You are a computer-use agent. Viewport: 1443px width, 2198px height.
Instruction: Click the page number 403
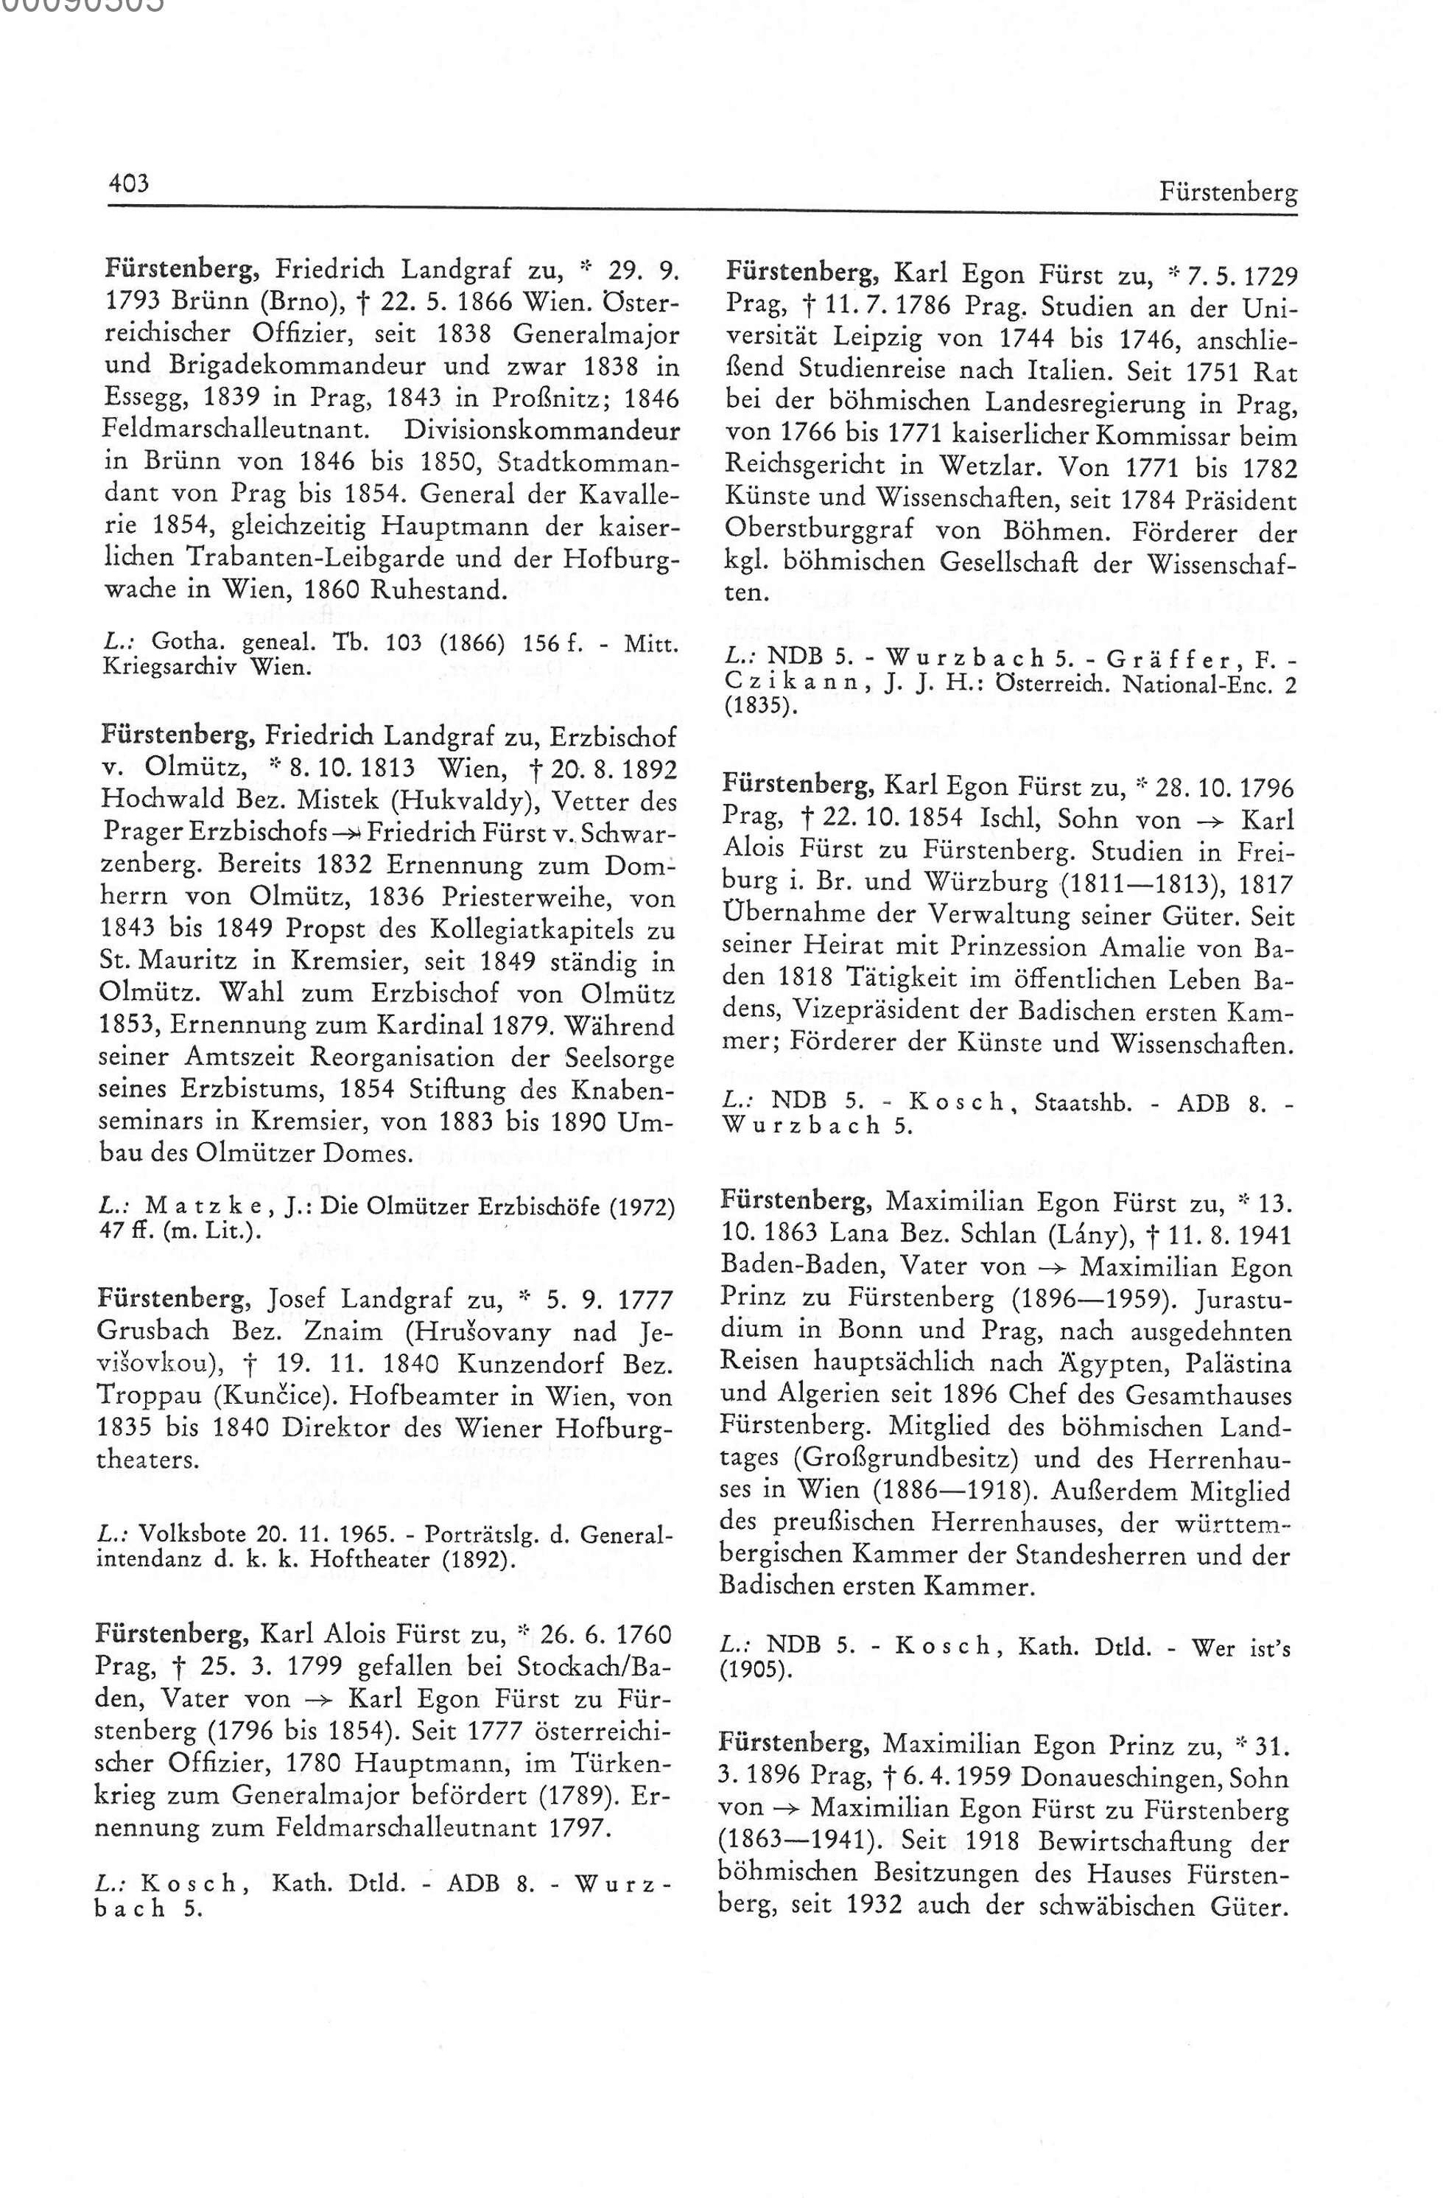tap(128, 183)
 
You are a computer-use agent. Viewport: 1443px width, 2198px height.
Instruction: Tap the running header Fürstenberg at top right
tap(1227, 193)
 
